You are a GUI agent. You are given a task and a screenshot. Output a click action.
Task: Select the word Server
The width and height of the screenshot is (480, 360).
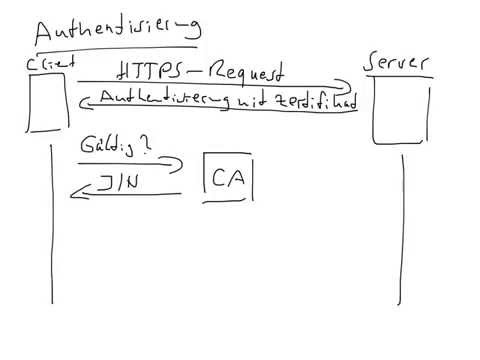click(x=399, y=63)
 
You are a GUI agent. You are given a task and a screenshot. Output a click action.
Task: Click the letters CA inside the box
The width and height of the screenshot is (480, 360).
click(x=229, y=177)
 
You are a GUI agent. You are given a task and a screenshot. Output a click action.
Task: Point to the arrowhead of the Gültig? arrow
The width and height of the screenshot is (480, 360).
click(x=180, y=161)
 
